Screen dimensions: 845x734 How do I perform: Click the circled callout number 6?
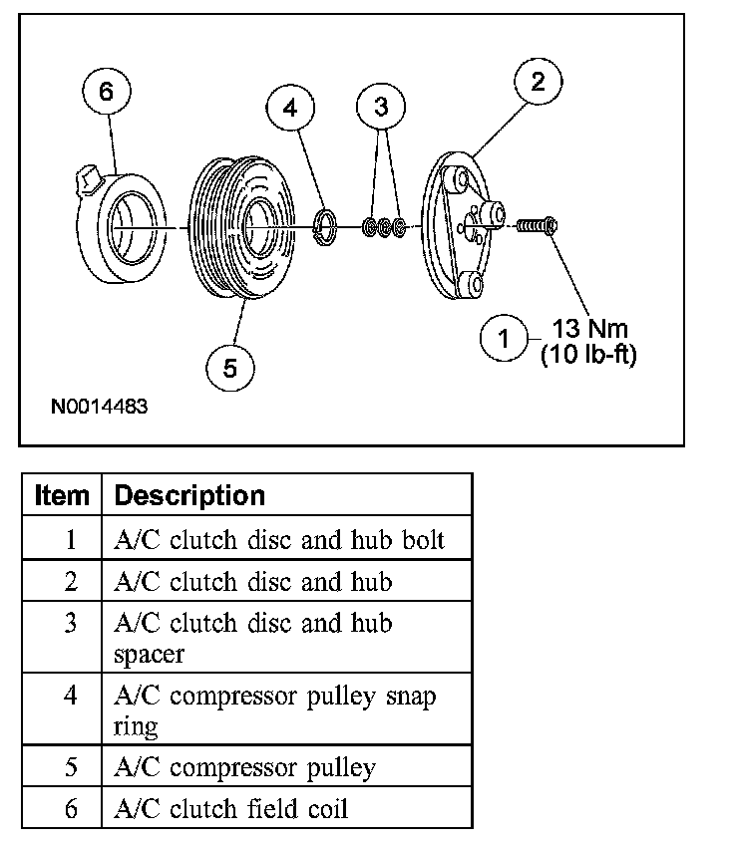point(107,93)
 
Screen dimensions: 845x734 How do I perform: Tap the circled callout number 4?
point(290,108)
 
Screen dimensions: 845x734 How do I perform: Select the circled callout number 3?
point(381,105)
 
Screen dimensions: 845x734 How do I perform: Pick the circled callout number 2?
point(538,82)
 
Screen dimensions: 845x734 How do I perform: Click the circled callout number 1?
point(504,339)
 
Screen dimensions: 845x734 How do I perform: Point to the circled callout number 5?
point(230,369)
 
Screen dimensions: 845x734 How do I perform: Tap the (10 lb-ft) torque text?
point(588,354)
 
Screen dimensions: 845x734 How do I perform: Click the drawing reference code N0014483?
point(103,408)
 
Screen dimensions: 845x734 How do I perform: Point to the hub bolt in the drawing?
point(537,228)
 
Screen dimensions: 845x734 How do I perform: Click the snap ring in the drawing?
point(326,227)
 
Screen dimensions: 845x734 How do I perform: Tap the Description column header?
point(189,495)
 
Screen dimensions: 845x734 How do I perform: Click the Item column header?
point(62,495)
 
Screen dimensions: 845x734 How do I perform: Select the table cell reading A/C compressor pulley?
point(245,768)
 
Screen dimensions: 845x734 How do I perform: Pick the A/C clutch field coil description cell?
point(231,808)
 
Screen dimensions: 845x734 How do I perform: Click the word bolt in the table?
point(422,540)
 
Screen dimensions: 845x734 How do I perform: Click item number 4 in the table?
point(70,695)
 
